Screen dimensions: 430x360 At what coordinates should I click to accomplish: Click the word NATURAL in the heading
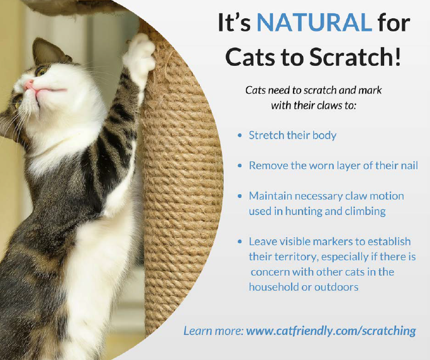click(x=314, y=23)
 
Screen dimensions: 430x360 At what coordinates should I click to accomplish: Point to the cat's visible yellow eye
click(x=41, y=71)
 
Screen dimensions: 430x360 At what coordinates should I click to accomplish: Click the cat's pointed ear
click(x=47, y=51)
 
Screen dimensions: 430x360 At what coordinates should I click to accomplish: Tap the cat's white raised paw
click(x=140, y=58)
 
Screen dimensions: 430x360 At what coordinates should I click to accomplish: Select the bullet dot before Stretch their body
click(x=240, y=135)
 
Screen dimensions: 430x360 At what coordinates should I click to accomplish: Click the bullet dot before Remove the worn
click(x=240, y=166)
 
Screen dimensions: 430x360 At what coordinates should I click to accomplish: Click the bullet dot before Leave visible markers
click(x=240, y=241)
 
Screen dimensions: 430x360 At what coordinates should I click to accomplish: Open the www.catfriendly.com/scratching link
click(x=331, y=330)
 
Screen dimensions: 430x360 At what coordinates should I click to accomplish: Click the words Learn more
click(x=213, y=330)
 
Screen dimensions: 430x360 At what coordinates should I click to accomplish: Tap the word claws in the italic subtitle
click(x=328, y=105)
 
